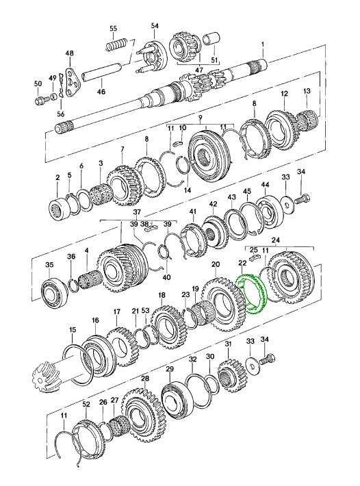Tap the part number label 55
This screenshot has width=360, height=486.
click(x=114, y=28)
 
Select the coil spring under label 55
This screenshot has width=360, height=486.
click(x=116, y=44)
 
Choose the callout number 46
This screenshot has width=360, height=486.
click(x=101, y=92)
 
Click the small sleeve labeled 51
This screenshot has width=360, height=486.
click(x=211, y=39)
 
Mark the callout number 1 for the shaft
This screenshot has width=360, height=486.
click(x=263, y=44)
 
